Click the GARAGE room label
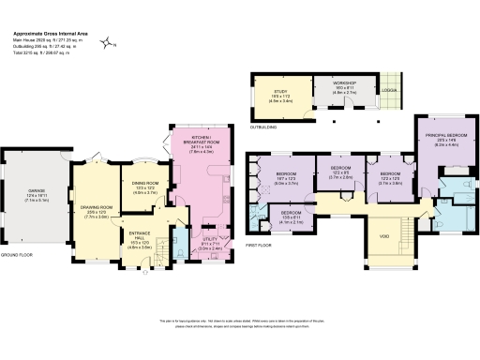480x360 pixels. [x=37, y=191]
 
